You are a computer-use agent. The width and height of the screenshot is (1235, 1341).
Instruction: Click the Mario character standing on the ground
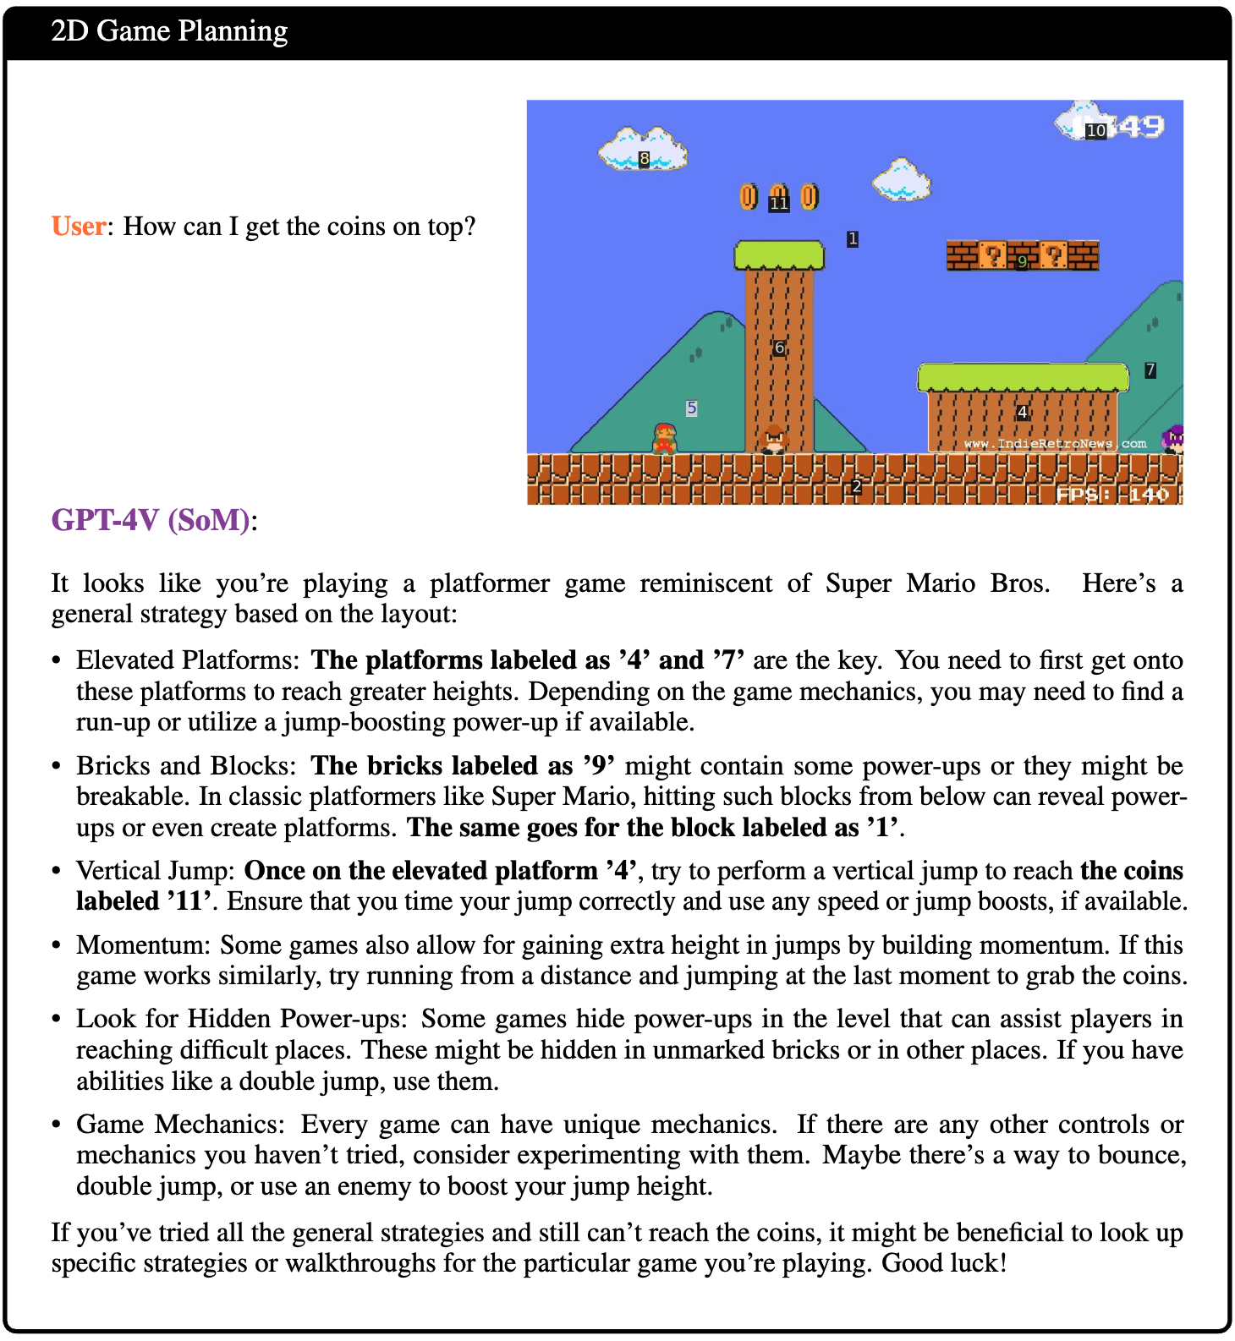coord(665,438)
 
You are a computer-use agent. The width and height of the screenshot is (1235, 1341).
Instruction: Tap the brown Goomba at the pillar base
coord(774,440)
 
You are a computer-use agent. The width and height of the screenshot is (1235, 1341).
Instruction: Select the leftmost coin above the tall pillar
coord(749,197)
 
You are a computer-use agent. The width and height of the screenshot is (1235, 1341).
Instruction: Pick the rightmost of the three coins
coord(810,197)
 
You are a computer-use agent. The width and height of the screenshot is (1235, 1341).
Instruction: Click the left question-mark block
coord(992,255)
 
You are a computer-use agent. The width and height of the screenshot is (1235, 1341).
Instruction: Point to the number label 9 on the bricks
coord(1023,261)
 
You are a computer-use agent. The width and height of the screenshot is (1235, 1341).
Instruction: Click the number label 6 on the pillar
coord(779,348)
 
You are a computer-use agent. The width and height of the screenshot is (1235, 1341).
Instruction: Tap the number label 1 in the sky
coord(853,239)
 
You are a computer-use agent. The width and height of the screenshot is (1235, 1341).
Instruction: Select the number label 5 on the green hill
coord(691,408)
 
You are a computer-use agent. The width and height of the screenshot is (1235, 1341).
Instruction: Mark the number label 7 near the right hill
coord(1150,370)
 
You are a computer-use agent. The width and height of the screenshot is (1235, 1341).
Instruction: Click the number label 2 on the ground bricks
coord(856,486)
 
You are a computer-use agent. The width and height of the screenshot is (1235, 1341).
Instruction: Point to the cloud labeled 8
coord(643,150)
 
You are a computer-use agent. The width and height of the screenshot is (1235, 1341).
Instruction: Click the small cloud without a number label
coord(902,179)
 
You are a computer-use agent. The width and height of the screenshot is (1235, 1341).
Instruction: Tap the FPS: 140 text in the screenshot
coord(1112,494)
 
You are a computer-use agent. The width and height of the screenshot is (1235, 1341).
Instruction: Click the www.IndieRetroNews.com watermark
coord(1055,443)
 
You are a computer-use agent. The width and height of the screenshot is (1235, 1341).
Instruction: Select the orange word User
coord(79,227)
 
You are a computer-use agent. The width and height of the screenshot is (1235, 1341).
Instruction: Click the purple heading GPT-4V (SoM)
coord(151,519)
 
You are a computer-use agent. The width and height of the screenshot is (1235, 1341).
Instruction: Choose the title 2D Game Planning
coord(169,31)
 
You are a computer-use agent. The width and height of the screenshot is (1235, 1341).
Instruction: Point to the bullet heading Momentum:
coord(144,944)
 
